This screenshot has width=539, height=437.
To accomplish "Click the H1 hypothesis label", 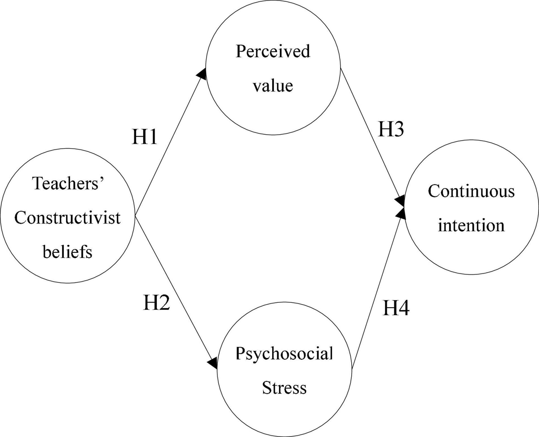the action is tap(145, 137).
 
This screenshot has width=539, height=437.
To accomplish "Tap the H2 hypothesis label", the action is tap(156, 303).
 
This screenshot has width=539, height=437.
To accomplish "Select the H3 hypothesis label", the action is tap(390, 129).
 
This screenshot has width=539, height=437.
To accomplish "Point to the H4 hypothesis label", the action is tap(396, 308).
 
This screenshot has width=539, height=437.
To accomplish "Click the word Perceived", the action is tap(273, 51).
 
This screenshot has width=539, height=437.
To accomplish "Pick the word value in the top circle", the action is tap(273, 85).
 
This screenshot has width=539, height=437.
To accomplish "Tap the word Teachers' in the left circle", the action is tap(69, 183).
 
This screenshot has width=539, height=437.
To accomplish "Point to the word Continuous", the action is tap(471, 191).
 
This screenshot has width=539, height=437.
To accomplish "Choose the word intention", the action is tap(471, 225).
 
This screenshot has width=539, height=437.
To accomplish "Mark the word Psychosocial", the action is tap(284, 354).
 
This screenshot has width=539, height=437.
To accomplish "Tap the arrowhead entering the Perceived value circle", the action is tap(202, 74).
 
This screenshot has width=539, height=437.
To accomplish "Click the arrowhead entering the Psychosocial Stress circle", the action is tap(213, 363).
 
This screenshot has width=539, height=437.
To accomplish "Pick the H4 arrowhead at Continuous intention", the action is tap(401, 214).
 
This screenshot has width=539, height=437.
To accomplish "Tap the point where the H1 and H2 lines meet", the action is tap(135, 216).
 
